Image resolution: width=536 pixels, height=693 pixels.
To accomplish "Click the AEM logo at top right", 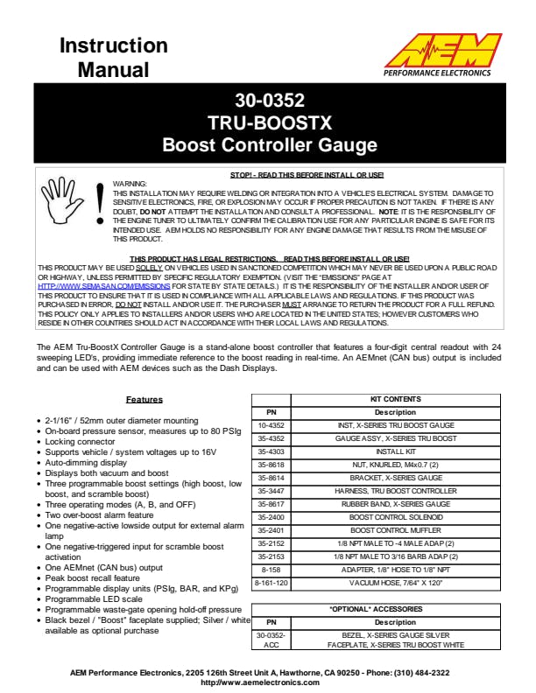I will pyautogui.click(x=450, y=53).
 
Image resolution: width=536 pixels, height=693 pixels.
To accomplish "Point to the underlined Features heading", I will pyautogui.click(x=144, y=399).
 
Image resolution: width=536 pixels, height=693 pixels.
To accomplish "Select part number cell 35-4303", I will pyautogui.click(x=270, y=451).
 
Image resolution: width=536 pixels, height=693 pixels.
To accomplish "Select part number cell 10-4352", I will pyautogui.click(x=270, y=425).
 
